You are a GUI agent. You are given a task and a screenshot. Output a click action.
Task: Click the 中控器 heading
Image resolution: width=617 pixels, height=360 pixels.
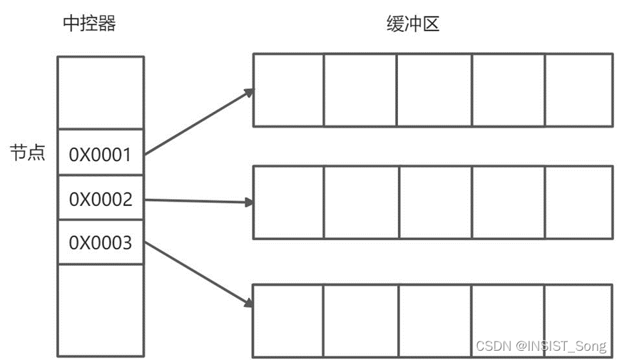pos(88,24)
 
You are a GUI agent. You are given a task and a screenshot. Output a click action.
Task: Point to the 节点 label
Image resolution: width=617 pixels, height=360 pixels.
pos(27,153)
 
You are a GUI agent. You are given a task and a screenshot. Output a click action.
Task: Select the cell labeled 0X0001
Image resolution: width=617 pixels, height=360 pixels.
pos(101,153)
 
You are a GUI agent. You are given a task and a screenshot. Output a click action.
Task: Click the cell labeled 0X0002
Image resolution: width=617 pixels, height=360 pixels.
pos(101,199)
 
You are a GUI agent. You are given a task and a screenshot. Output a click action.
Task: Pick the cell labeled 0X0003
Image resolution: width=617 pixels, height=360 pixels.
pos(101,242)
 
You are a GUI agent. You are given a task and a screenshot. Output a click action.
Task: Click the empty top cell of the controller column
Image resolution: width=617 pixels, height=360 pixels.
pos(101,93)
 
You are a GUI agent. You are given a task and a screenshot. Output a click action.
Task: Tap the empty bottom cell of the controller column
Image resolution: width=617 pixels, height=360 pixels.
pos(101,310)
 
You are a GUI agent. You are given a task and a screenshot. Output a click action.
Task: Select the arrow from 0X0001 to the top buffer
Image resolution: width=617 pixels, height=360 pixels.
pos(199,121)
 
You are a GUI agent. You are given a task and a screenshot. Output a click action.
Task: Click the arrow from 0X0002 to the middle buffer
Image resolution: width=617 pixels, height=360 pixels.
pos(199,202)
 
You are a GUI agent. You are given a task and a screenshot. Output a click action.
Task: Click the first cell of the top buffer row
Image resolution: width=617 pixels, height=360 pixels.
pos(289,91)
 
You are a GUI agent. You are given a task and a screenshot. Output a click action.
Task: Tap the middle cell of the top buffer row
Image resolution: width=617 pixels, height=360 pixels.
pos(434,91)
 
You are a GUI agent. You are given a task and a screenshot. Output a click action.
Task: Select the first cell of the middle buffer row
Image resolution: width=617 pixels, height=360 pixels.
pos(289,202)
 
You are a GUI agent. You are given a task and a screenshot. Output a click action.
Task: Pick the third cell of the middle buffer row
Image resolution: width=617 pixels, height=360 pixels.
pos(434,202)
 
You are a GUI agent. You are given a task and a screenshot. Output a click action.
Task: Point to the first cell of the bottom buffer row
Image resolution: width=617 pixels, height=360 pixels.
pos(289,321)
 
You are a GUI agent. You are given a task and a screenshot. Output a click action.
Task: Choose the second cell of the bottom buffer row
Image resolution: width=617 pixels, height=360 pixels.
pos(360,321)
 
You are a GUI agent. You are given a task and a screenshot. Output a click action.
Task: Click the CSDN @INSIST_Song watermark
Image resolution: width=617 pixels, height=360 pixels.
pos(541,346)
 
